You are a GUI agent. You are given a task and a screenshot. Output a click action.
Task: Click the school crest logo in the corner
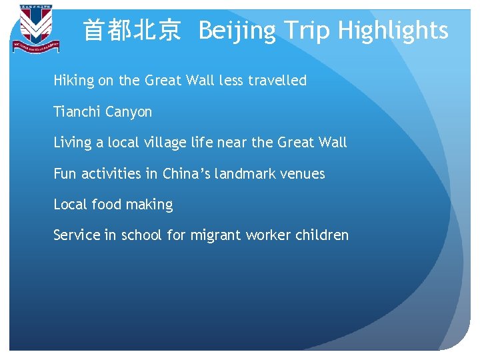(36, 29)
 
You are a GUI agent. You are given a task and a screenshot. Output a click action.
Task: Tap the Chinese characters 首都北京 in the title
(131, 31)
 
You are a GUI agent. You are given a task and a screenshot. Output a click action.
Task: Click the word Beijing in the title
(235, 31)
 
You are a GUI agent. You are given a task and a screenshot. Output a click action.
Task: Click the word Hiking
(74, 81)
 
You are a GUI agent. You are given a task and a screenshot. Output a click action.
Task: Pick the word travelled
(277, 81)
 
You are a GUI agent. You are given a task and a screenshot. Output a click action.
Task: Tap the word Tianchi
(77, 112)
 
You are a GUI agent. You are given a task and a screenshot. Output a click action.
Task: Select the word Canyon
(129, 112)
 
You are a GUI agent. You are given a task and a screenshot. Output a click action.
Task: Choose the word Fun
(65, 174)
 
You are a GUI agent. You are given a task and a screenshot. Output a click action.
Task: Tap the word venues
(303, 174)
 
